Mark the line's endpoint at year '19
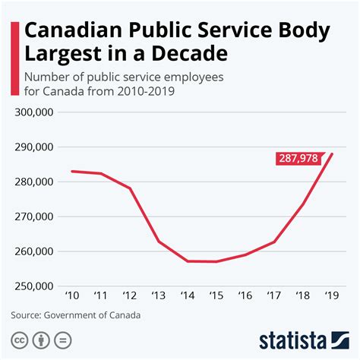tap(333, 154)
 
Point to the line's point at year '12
tap(131, 188)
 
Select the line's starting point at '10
tap(71, 171)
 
